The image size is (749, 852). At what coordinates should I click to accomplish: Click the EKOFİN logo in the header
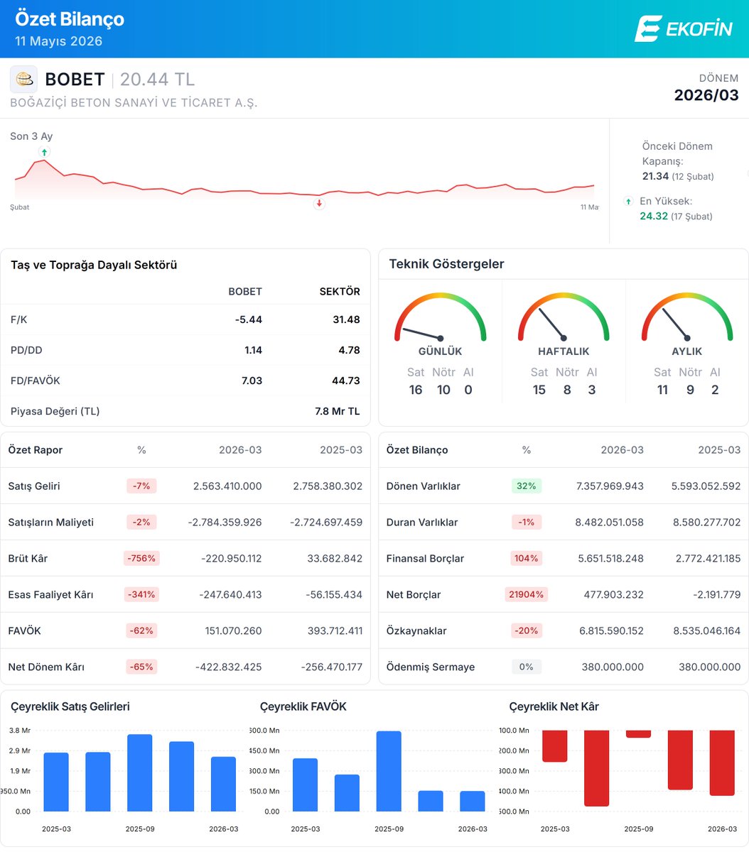click(x=684, y=28)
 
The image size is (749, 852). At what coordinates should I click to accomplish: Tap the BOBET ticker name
click(x=75, y=79)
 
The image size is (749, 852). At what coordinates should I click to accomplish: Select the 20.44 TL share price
click(x=158, y=79)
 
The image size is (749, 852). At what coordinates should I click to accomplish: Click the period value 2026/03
click(x=706, y=95)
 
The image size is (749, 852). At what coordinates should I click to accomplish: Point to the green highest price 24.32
click(x=654, y=216)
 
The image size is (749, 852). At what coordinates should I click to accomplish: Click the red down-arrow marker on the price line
click(x=319, y=204)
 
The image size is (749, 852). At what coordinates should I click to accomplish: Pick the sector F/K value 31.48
click(x=346, y=319)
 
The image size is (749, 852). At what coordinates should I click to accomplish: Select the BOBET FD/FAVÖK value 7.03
click(x=252, y=380)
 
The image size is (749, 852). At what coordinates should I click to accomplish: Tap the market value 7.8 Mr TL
click(x=338, y=411)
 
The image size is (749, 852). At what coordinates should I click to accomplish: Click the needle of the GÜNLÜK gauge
click(x=421, y=334)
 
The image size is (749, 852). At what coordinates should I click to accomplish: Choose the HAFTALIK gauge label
click(x=564, y=351)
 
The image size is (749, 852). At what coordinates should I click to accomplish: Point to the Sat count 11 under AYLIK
click(x=662, y=390)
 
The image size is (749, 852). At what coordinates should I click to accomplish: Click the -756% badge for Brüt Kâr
click(x=141, y=558)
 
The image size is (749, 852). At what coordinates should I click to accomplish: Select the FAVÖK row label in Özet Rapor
click(x=24, y=630)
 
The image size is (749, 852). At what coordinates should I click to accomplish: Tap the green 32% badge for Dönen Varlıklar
click(x=526, y=486)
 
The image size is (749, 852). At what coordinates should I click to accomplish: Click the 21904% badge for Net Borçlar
click(x=526, y=594)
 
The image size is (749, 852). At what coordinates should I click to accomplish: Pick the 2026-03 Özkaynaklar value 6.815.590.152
click(x=611, y=630)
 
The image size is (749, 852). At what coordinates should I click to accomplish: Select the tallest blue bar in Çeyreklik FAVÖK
click(x=389, y=771)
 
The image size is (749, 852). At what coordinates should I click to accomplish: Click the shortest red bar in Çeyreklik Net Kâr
click(x=638, y=734)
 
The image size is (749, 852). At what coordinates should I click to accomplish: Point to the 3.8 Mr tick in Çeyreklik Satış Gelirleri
click(x=20, y=730)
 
